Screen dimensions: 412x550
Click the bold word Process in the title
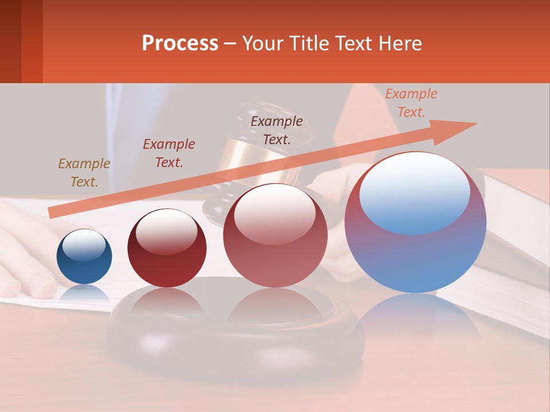[180, 43]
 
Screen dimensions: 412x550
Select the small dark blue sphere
[84, 257]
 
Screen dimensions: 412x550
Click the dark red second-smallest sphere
[167, 248]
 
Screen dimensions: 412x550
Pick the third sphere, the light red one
[275, 236]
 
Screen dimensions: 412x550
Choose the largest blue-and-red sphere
[415, 222]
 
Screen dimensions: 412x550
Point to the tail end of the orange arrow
[50, 213]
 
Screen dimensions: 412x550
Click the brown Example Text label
[84, 173]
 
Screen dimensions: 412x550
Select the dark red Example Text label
[168, 153]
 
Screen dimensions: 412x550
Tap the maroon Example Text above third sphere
[276, 130]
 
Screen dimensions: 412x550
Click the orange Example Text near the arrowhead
[411, 103]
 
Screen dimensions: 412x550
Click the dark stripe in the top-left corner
[10, 41]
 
